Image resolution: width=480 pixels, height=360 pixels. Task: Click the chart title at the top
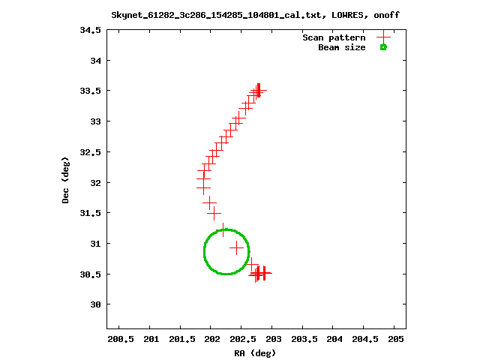point(255,15)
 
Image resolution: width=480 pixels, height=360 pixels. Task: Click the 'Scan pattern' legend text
point(334,37)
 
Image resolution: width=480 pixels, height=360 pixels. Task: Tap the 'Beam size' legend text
point(342,47)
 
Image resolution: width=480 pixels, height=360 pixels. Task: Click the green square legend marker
point(383,47)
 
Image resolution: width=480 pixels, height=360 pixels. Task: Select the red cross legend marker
point(383,37)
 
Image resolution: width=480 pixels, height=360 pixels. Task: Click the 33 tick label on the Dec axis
point(95,121)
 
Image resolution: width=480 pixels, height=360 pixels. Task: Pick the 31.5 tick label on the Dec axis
point(90,213)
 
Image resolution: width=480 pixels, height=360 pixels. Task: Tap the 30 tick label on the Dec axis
point(95,304)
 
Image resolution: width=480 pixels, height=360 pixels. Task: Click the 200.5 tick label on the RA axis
point(121,339)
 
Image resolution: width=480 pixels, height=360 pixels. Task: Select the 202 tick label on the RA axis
point(213,339)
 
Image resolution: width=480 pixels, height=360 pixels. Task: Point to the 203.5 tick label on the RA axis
point(304,339)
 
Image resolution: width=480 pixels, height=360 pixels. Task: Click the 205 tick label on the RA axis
point(396,339)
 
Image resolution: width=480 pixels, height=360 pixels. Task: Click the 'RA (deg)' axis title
point(255,353)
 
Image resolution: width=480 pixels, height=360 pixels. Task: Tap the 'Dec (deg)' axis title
point(65,180)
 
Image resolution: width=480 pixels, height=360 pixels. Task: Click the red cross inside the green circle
point(237,248)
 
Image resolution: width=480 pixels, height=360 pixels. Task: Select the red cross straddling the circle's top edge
point(223,230)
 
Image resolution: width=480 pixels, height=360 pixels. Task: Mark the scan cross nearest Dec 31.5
point(214,213)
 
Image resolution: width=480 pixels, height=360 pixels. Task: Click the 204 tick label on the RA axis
point(334,339)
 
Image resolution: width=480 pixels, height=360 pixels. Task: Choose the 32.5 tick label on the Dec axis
point(90,152)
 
